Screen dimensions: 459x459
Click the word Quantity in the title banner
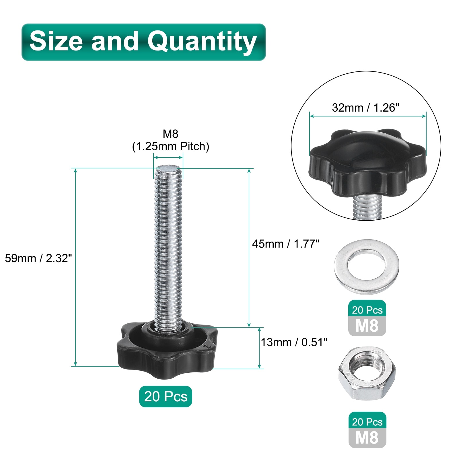click(x=202, y=42)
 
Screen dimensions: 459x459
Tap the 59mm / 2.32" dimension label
click(x=38, y=258)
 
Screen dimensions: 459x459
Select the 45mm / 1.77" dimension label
click(x=286, y=244)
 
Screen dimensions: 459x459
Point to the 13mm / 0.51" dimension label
click(x=294, y=342)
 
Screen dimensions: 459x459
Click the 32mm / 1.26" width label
click(x=365, y=108)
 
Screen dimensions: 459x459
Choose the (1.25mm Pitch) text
click(x=170, y=146)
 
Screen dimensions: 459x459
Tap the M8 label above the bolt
click(x=170, y=134)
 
